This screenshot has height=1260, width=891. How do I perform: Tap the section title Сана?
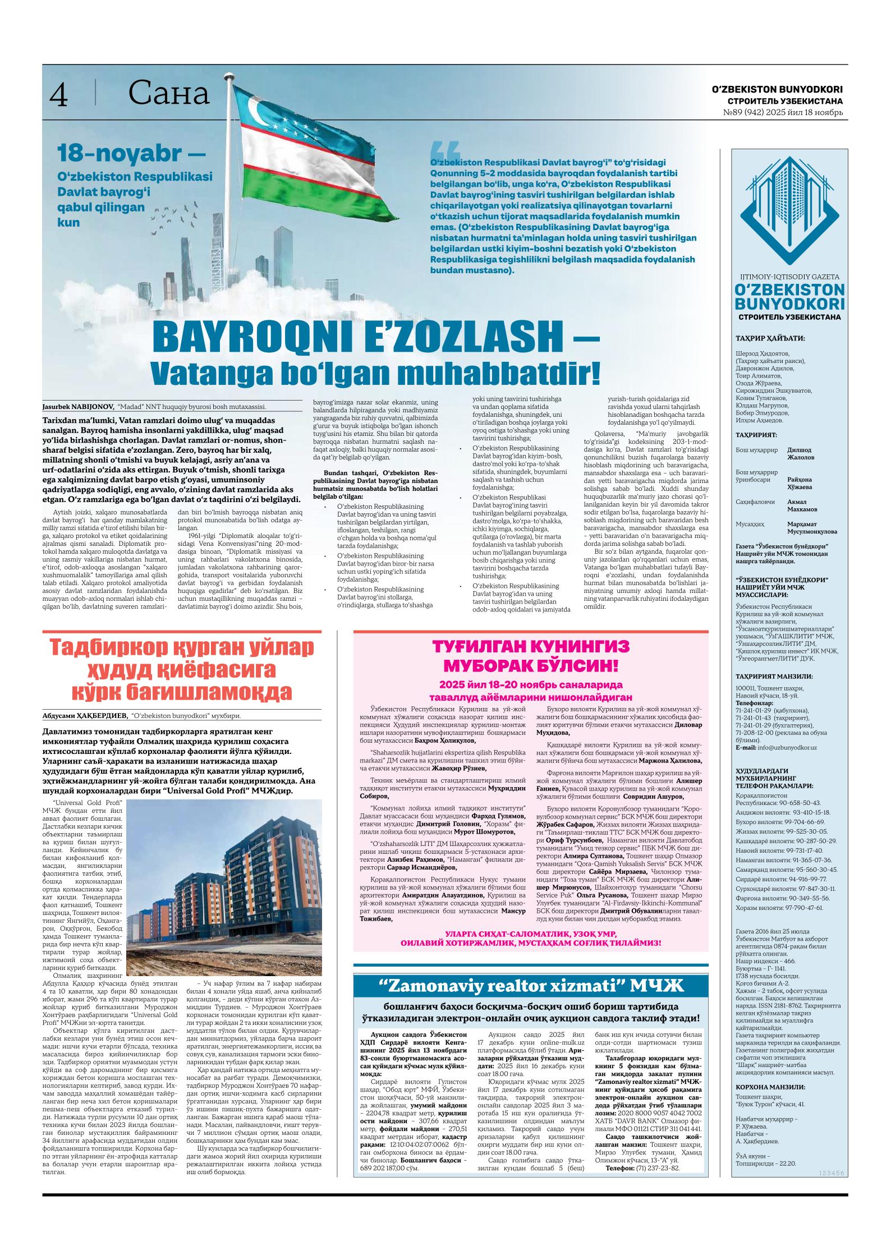168,94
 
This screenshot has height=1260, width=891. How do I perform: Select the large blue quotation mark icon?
444,151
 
